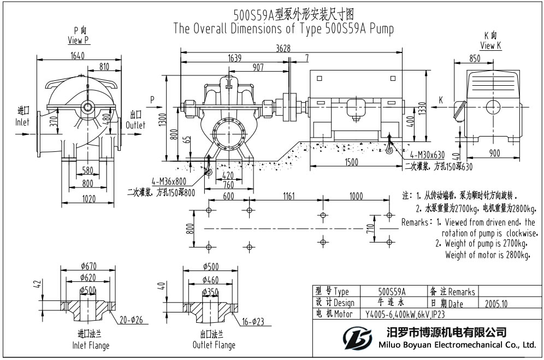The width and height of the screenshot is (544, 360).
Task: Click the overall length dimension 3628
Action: point(283,49)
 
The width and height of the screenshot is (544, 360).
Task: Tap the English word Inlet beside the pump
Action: point(22,123)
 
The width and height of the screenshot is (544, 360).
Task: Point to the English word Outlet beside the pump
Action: point(135,125)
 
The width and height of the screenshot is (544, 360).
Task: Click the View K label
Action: point(490,46)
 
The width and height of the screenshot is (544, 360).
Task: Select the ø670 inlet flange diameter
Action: point(88,266)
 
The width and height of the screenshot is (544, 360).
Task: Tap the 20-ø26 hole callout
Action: point(131,320)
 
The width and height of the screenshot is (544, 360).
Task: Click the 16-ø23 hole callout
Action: point(252,322)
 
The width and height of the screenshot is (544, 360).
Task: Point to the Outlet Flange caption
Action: point(214,345)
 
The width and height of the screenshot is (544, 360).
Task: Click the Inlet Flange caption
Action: point(91,345)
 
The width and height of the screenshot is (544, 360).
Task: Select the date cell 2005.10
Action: point(496,303)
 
